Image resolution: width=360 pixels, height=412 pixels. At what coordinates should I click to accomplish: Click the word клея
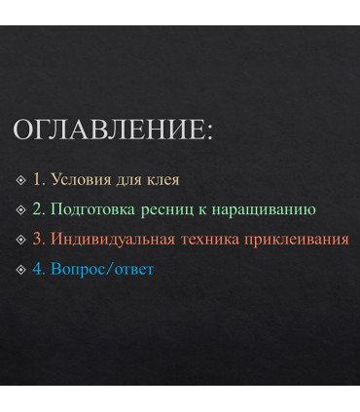[160, 179]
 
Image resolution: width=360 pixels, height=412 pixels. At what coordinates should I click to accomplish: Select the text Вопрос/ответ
[102, 268]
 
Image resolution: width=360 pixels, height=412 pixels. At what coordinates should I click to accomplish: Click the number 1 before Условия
[37, 179]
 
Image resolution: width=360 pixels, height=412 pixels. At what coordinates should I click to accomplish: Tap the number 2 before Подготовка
[37, 208]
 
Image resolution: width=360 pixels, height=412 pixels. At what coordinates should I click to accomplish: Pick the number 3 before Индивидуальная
[37, 239]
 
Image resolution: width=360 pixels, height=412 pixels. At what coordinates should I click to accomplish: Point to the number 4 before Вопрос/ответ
[37, 268]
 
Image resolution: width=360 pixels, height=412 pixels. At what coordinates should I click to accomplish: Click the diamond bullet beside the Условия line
[21, 180]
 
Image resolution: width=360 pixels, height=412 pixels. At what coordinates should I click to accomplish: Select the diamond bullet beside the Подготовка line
[21, 209]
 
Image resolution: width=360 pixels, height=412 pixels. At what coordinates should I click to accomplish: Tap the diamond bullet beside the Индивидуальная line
[21, 240]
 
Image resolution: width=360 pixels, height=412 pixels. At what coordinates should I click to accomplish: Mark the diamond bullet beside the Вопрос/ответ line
[21, 269]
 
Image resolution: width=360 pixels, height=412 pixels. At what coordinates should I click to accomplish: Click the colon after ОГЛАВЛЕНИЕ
[209, 133]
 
